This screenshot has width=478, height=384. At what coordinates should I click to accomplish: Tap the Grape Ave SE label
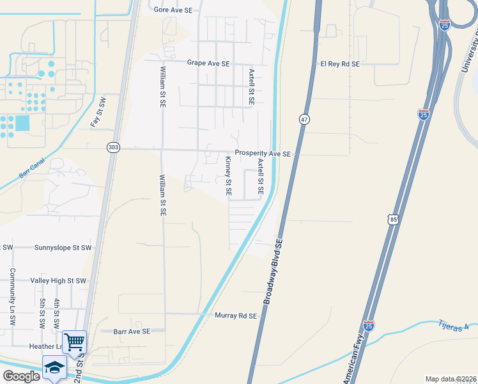click(208, 63)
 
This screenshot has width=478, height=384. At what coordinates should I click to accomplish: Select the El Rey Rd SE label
click(340, 64)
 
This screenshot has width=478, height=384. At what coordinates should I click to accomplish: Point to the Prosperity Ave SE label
click(263, 154)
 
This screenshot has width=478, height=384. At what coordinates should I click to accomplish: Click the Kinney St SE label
click(228, 175)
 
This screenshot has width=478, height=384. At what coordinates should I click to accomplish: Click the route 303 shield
click(113, 147)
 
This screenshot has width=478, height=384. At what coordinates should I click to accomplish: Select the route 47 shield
click(304, 119)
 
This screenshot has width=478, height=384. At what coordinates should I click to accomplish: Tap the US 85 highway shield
click(394, 220)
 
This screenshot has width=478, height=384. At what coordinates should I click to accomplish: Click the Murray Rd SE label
click(235, 316)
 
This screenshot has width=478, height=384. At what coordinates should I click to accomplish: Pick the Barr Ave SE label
click(132, 332)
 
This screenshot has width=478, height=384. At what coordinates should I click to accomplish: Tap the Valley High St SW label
click(58, 281)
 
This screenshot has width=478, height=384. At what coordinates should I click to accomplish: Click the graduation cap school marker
click(54, 367)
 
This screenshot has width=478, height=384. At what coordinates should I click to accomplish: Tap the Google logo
click(21, 376)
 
